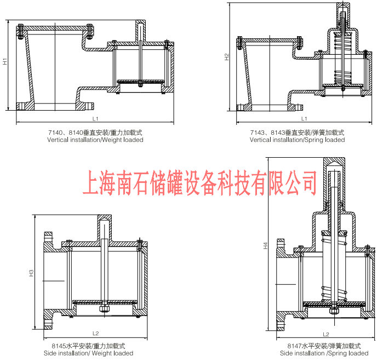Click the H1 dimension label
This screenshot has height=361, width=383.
click(5, 62)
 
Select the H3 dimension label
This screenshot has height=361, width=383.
click(32, 272)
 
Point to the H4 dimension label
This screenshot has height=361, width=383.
click(266, 247)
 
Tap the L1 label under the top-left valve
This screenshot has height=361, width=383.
click(95, 118)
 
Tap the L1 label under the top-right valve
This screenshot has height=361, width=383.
click(304, 118)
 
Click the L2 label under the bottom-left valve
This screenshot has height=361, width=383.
click(95, 333)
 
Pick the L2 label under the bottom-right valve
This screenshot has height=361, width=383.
click(325, 334)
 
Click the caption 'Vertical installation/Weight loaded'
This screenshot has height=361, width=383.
click(95, 140)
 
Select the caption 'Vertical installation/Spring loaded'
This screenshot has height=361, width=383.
click(297, 140)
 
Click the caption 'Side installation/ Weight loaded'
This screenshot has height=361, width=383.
click(88, 353)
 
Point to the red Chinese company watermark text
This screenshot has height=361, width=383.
click(199, 182)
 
